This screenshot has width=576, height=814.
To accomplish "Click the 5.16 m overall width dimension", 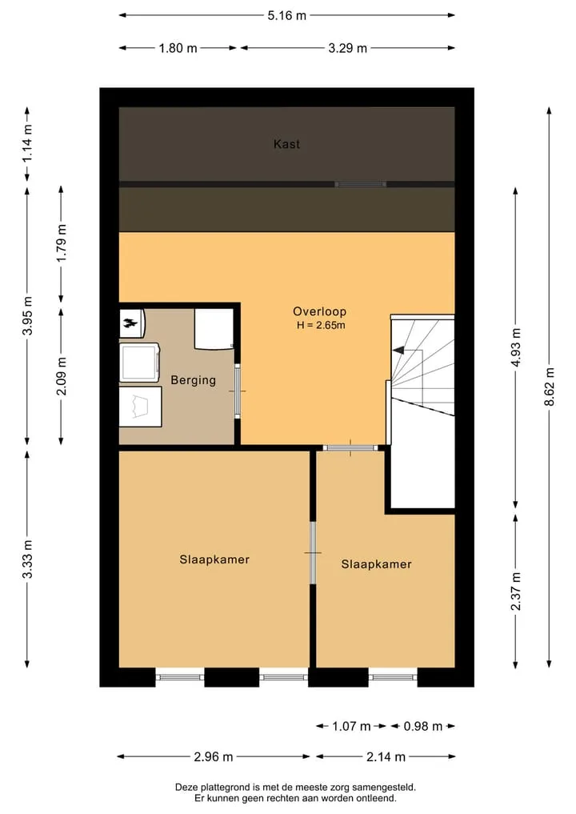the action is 287,15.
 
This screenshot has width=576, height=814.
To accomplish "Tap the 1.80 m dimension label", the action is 178,48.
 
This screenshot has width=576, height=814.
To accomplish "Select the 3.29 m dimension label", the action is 348,48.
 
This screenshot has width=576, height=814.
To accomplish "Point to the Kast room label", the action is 287,144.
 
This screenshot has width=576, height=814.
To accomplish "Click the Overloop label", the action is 320,311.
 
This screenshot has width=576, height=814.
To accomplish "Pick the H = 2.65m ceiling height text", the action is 321,326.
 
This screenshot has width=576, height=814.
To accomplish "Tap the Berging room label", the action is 193,380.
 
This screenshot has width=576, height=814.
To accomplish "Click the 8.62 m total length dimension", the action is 550,387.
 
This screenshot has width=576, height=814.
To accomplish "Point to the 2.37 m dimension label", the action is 516,591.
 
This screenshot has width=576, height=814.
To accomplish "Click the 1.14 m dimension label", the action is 27,144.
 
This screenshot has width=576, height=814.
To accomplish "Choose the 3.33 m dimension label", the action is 27,559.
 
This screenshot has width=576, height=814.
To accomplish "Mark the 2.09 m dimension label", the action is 62,376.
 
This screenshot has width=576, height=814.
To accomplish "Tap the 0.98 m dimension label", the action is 423,726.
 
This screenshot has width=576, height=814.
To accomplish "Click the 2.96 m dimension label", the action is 214,757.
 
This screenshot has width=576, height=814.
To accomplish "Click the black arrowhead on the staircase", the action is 398,351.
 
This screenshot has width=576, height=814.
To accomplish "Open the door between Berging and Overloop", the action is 238,391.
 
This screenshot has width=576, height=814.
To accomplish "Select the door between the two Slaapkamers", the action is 313,553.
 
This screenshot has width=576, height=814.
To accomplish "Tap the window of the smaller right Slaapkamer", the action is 393,677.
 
